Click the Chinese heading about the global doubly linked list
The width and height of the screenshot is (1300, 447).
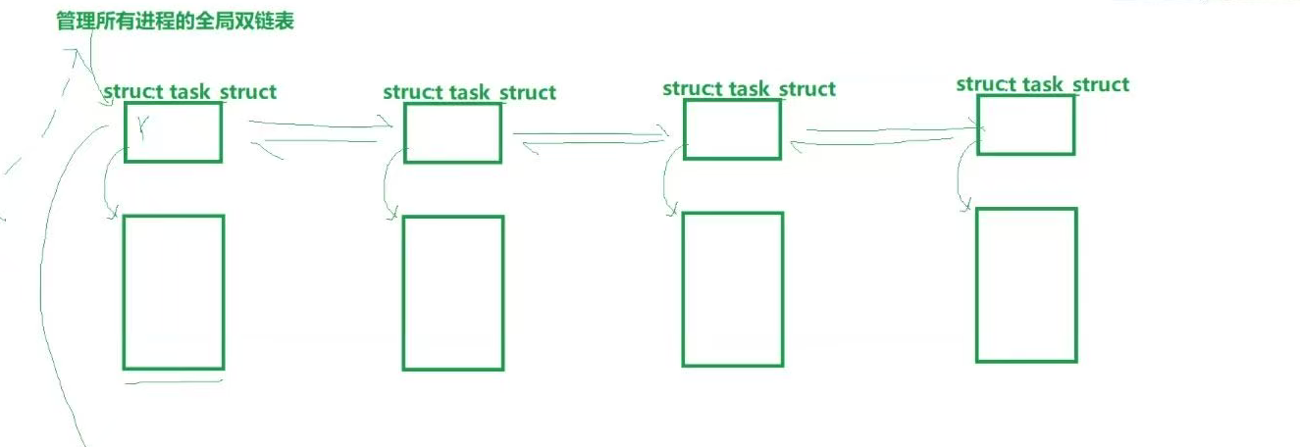175,21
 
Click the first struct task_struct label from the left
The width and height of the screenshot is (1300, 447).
190,92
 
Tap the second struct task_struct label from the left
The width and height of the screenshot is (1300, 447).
470,93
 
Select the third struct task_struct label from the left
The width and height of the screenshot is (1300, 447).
750,89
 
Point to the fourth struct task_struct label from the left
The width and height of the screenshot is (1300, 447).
1043,84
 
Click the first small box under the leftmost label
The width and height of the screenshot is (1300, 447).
173,132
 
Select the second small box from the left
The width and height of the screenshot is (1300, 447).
452,133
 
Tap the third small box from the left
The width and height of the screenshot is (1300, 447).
732,129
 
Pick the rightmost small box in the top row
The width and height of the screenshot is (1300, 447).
1025,124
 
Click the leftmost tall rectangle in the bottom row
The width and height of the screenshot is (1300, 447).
174,292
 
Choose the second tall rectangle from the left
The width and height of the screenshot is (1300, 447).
453,293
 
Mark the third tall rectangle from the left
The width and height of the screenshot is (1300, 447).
733,289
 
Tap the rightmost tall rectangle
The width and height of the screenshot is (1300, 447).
1026,285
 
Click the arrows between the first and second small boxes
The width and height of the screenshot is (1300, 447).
314,134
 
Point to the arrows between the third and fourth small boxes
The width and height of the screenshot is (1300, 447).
881,135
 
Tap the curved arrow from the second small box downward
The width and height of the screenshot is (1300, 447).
388,186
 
